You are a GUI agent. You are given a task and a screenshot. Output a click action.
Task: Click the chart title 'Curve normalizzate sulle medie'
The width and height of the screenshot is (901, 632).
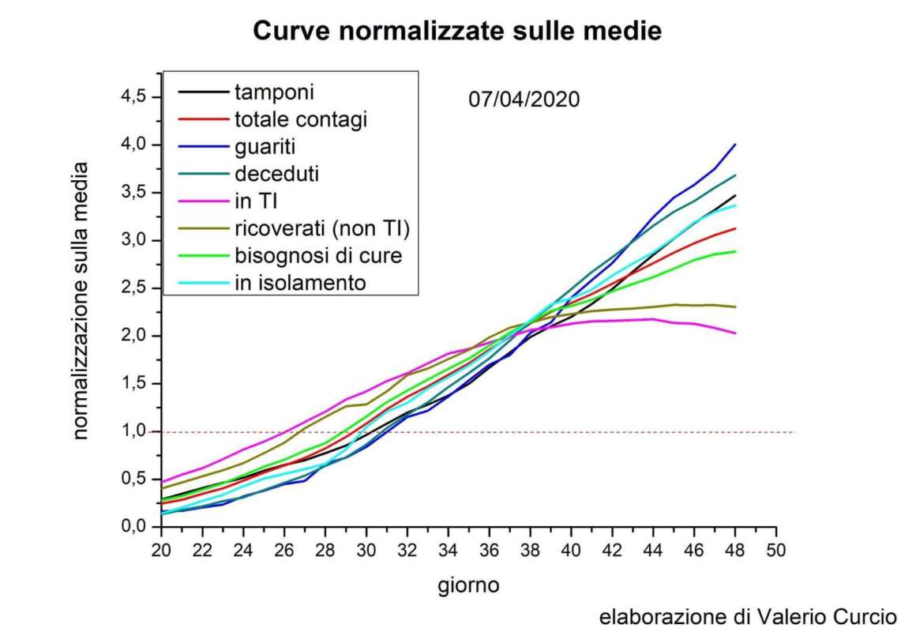pyautogui.click(x=456, y=31)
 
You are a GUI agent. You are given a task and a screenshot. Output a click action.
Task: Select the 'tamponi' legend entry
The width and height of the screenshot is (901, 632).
pyautogui.click(x=274, y=92)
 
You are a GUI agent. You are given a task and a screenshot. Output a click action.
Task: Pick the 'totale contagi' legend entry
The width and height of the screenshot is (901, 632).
pyautogui.click(x=301, y=119)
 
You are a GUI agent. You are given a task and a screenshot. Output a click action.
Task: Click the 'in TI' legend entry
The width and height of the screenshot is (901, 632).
pyautogui.click(x=255, y=201)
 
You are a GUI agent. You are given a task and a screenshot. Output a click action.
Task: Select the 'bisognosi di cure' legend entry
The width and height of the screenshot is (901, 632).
pyautogui.click(x=317, y=256)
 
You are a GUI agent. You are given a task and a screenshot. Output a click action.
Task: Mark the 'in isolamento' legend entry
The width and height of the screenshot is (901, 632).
pyautogui.click(x=300, y=283)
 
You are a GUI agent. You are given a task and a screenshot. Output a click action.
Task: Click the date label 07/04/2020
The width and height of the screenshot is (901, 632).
pyautogui.click(x=524, y=100)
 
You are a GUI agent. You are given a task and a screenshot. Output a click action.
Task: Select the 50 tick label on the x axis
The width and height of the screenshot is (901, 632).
pyautogui.click(x=777, y=550)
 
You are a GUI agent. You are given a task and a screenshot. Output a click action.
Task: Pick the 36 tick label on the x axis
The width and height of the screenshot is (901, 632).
pyautogui.click(x=490, y=550)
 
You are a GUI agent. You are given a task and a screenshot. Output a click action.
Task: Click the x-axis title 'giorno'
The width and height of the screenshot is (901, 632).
pyautogui.click(x=469, y=585)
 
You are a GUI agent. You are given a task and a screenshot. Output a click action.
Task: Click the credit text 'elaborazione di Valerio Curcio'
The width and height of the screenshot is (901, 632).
pyautogui.click(x=748, y=616)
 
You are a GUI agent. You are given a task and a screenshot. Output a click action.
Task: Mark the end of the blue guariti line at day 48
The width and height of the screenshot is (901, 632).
pyautogui.click(x=735, y=145)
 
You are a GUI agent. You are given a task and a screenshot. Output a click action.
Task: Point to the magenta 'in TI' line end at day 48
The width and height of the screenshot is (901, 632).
pyautogui.click(x=735, y=333)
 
